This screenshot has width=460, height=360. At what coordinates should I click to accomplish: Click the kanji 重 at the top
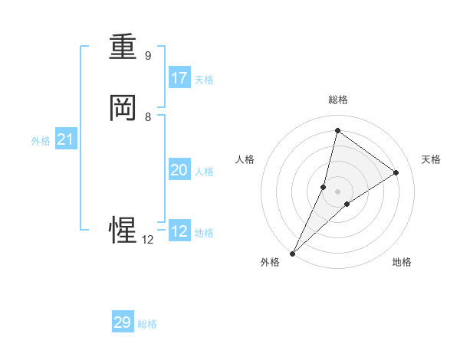point(123,47)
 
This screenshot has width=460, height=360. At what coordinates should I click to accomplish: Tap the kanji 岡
point(123,108)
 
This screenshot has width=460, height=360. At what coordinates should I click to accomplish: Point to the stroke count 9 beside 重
point(148,56)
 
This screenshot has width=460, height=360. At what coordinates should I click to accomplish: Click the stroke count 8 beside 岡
point(148,117)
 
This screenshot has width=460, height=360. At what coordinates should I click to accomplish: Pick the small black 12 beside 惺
point(148,239)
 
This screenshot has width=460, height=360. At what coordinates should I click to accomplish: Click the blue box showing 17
point(179,78)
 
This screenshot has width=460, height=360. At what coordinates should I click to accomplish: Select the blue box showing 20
point(179,170)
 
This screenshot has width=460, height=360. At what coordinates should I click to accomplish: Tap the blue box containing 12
point(179,231)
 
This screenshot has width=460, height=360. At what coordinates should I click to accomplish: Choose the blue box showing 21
point(65,139)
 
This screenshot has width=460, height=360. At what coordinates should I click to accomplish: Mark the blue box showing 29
point(123,322)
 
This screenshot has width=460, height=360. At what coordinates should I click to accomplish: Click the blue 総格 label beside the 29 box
point(148,324)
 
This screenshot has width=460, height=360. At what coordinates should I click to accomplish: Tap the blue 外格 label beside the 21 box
point(41,141)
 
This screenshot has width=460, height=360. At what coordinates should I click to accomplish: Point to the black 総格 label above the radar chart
point(338,100)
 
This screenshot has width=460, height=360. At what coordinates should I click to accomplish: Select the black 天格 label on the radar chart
point(431,159)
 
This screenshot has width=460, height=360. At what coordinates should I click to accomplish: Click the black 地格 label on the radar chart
point(402,262)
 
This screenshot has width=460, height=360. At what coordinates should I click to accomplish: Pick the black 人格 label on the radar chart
point(245,159)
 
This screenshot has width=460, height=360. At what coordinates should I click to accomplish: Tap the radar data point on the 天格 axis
point(396,172)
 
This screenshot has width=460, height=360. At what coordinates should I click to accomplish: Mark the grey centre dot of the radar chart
point(338,191)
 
